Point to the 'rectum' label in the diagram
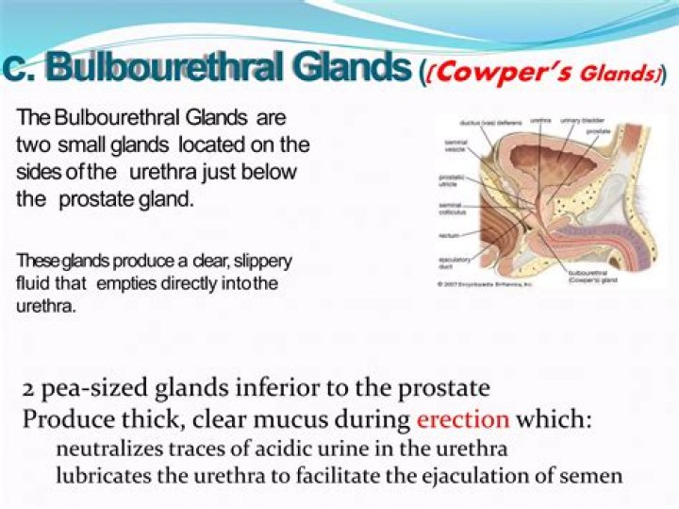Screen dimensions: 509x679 click(448, 234)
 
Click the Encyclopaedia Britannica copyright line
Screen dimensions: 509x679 click(485, 283)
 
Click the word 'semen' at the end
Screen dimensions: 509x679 click(594, 476)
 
